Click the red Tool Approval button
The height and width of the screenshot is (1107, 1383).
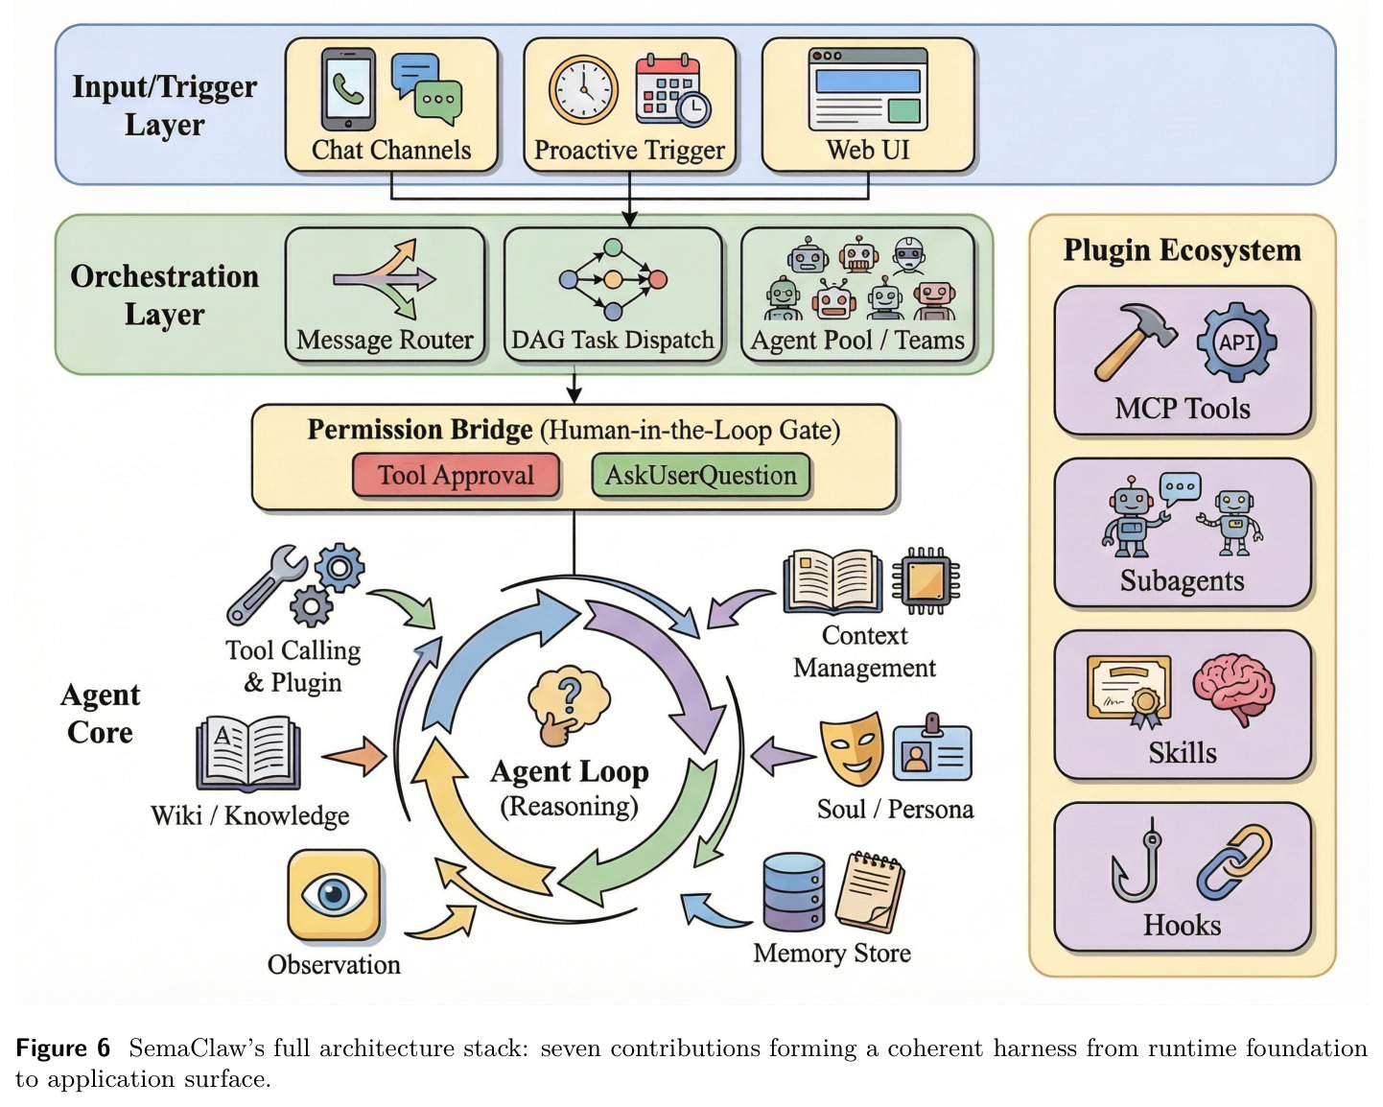[456, 475]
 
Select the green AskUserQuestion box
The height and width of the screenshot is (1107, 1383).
[700, 475]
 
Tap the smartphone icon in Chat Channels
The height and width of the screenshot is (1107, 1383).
[348, 88]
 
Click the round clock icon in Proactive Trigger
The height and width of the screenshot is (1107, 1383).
[583, 89]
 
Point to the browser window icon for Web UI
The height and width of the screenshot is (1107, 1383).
[868, 88]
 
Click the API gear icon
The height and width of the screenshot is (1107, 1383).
[1236, 342]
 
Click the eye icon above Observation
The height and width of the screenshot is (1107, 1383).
[334, 895]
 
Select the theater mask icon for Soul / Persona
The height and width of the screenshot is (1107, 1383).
[852, 747]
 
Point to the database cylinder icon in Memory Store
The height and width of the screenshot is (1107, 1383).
[794, 891]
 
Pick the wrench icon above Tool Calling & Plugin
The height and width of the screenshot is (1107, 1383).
[266, 586]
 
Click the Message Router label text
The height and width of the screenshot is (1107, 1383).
[385, 340]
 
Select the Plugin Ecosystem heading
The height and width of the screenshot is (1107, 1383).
[1182, 250]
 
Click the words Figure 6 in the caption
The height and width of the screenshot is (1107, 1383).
[63, 1048]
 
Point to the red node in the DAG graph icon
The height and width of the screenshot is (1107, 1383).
[657, 279]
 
